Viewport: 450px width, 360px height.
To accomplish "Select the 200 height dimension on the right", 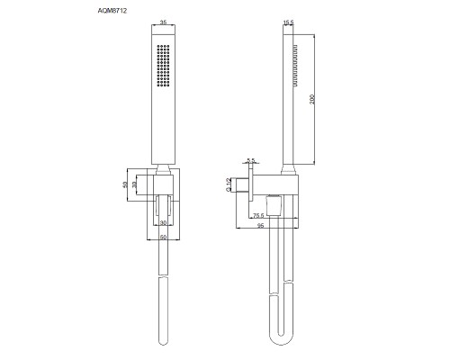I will point(310,99).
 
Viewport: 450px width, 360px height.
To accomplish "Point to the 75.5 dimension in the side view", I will point(257,216).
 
